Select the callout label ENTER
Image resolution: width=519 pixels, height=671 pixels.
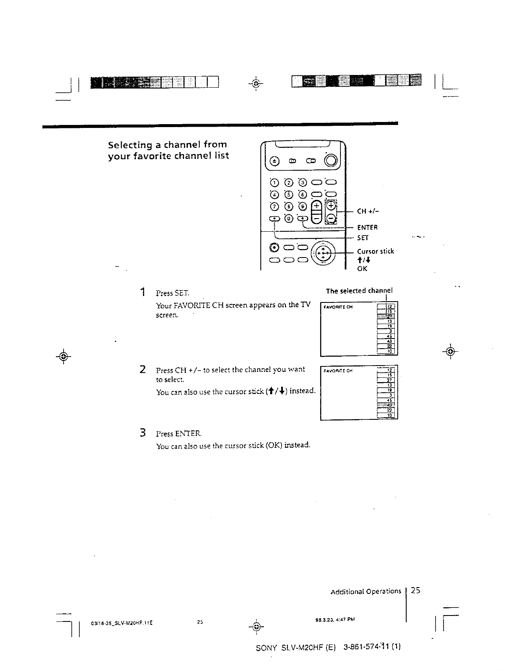point(367,227)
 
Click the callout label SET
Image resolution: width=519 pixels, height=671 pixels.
point(363,237)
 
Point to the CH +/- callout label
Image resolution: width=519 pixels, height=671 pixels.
point(368,211)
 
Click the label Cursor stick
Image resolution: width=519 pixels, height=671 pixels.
point(375,251)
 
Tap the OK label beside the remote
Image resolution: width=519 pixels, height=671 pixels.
point(362,269)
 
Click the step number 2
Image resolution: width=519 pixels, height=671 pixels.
point(143,369)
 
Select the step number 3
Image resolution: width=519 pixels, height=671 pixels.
point(143,433)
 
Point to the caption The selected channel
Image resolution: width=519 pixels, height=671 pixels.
point(359,291)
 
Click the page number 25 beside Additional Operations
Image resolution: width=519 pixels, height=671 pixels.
point(416,590)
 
